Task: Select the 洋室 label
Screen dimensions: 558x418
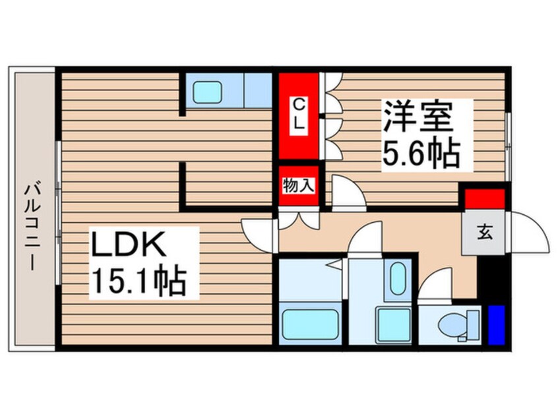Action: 418,117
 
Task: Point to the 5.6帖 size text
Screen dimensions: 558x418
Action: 421,154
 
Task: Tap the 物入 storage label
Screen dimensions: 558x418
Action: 299,186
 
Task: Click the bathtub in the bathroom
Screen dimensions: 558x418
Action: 309,325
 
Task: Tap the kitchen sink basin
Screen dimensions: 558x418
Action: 207,92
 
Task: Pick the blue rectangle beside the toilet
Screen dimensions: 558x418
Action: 497,325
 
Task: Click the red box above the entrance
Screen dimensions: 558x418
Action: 485,199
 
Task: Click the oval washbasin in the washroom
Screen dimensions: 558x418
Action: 397,278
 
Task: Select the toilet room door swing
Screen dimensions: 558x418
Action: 435,284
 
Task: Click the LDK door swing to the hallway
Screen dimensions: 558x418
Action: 259,235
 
